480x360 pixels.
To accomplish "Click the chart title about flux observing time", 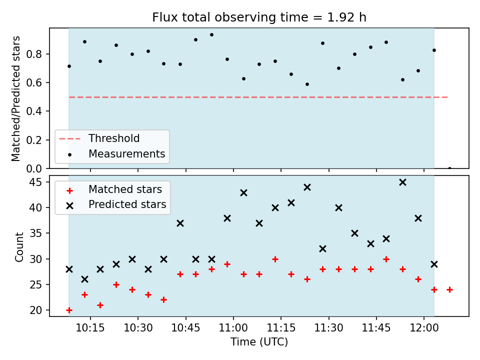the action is (x=259, y=17).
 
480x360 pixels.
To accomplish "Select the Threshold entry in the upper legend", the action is (x=114, y=138).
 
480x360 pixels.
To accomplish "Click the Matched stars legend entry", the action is (x=125, y=189).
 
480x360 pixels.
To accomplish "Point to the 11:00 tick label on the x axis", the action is (x=233, y=328).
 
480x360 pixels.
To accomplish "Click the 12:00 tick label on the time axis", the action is (x=424, y=328).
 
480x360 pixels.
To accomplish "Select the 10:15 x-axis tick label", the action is (x=90, y=328).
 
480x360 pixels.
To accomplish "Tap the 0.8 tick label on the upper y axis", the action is (x=34, y=54).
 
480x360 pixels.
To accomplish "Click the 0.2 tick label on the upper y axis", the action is (x=34, y=140).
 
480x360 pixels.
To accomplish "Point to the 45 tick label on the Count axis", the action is (x=35, y=182).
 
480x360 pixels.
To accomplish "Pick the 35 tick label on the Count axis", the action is (x=35, y=233).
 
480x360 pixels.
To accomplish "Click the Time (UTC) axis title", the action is (x=259, y=342).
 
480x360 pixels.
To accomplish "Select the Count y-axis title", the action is (x=19, y=247).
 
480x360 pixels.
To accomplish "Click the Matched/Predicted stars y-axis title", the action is (x=15, y=98).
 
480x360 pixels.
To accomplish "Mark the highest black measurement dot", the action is (x=211, y=35).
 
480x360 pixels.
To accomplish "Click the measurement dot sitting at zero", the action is (x=449, y=168).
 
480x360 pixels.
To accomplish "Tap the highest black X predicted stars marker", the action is (x=403, y=182).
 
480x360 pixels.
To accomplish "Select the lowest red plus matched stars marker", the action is (x=69, y=310).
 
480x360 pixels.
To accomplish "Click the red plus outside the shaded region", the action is (x=449, y=289).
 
